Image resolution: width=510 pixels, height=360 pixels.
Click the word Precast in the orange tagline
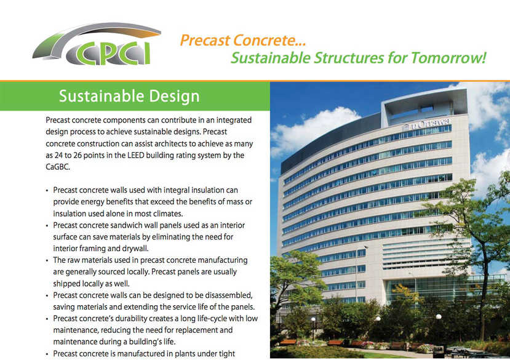click(205, 41)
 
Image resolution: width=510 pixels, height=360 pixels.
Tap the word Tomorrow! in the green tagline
click(448, 58)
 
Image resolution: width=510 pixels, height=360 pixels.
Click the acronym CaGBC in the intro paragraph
click(58, 167)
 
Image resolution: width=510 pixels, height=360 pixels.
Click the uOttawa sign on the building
click(427, 124)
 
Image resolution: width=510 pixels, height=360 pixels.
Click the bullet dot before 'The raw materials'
click(47, 261)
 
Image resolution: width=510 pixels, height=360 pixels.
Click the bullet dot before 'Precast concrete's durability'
click(47, 319)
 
